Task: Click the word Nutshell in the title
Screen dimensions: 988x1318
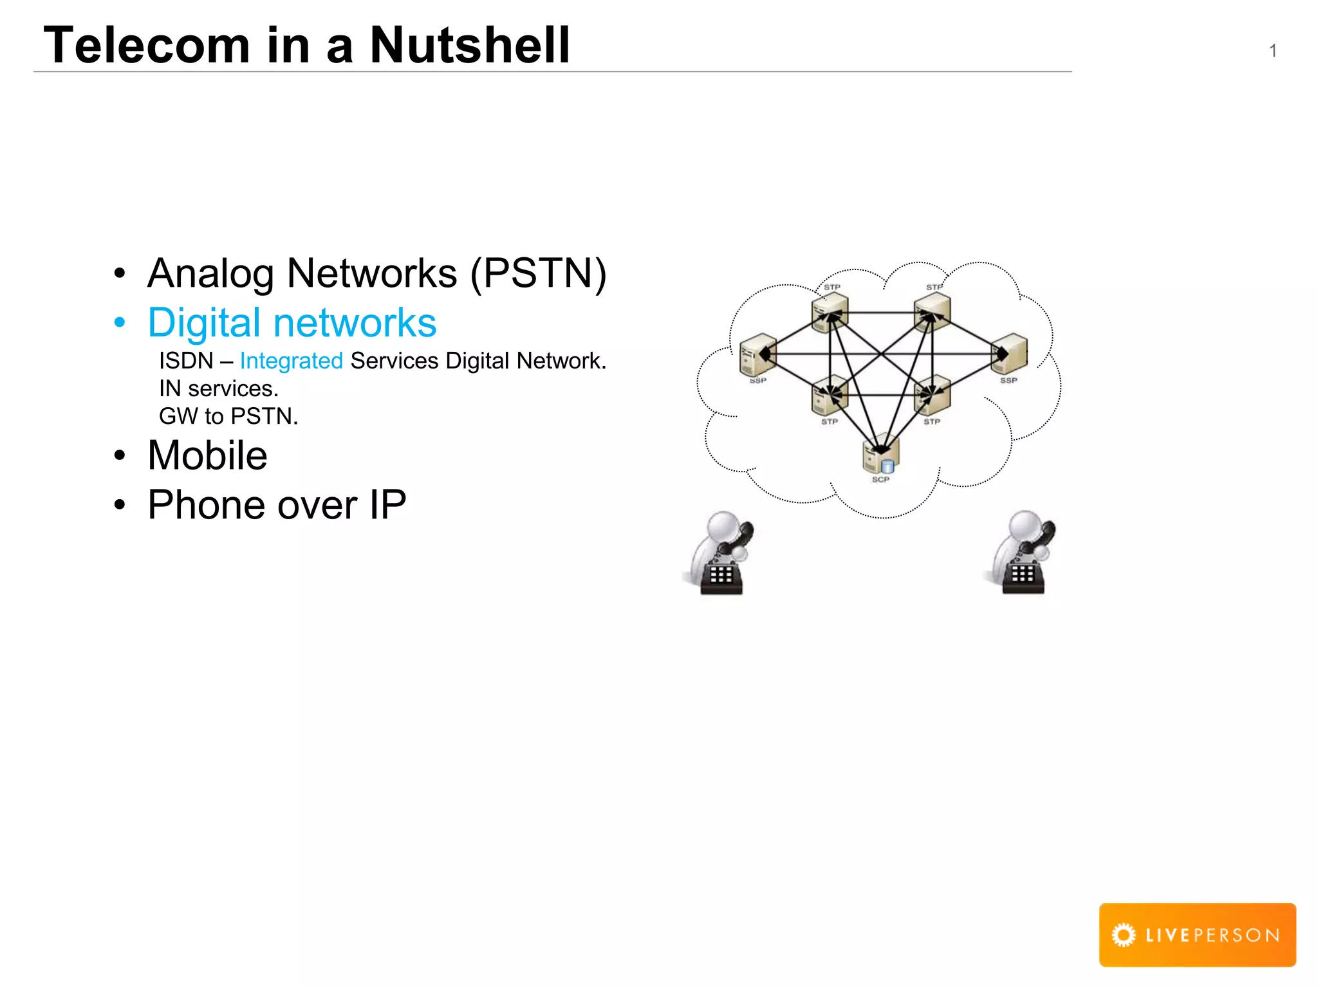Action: tap(470, 45)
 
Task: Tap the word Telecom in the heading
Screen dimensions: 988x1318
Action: tap(147, 45)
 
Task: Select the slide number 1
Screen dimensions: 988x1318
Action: tap(1272, 51)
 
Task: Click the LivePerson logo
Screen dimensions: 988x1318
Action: tap(1197, 934)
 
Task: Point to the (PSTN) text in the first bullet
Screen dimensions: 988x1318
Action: tap(538, 273)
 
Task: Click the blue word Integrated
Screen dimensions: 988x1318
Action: tap(291, 361)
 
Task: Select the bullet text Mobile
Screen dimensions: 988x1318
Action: tap(207, 455)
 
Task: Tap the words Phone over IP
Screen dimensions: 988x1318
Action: tap(277, 505)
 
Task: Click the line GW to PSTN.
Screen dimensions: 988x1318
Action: tap(228, 416)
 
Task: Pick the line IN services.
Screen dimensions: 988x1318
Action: tap(219, 389)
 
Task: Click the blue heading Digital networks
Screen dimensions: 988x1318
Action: tap(292, 323)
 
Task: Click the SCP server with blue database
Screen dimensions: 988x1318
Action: tap(880, 455)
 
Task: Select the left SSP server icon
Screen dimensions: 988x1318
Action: tap(757, 354)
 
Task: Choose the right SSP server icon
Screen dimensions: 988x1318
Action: tap(1008, 353)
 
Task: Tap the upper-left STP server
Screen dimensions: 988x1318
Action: tap(830, 312)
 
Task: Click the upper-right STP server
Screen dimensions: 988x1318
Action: tap(933, 312)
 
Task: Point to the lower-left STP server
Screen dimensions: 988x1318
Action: tap(829, 395)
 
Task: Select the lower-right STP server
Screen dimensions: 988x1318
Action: tap(932, 395)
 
